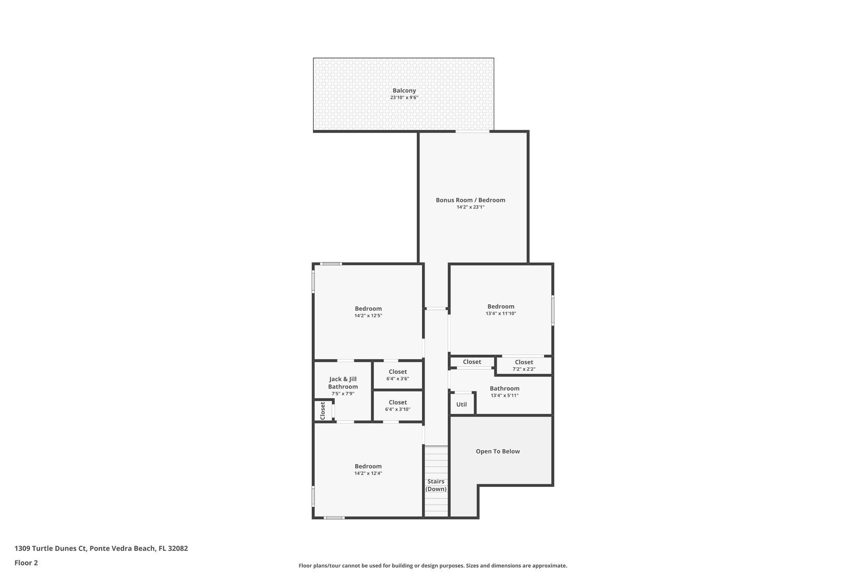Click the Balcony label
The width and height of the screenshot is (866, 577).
click(x=404, y=90)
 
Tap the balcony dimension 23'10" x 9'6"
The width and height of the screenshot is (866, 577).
click(x=404, y=98)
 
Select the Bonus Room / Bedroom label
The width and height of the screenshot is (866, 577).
click(x=470, y=200)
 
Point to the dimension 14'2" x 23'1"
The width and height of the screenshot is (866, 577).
click(x=470, y=207)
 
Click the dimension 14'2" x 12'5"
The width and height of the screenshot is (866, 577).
click(x=368, y=316)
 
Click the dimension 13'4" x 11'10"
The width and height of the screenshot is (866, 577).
click(x=501, y=314)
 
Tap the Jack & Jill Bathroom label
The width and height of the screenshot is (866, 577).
click(x=343, y=383)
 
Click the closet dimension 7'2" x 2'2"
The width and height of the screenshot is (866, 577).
click(x=524, y=369)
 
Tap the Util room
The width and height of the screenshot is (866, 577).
click(x=461, y=405)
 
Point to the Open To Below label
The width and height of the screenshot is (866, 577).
click(x=498, y=451)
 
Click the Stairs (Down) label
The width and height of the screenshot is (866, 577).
click(x=436, y=485)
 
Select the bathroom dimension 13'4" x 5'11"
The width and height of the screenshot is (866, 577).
click(x=504, y=396)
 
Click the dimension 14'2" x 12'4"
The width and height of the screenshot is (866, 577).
click(x=368, y=473)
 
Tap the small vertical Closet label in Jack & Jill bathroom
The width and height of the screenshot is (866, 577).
click(x=323, y=410)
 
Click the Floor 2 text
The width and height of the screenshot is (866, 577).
click(x=26, y=563)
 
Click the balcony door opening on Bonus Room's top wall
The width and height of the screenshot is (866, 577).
click(x=472, y=132)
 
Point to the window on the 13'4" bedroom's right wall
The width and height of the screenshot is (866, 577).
click(x=553, y=310)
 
